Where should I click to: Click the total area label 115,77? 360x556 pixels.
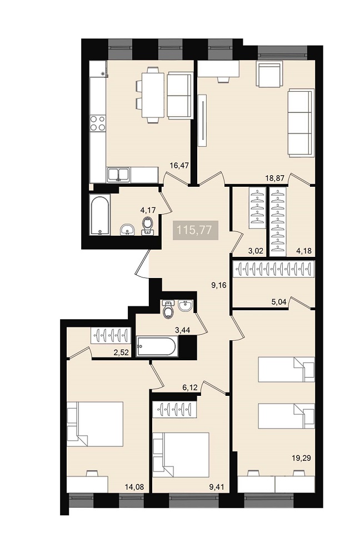[194, 230]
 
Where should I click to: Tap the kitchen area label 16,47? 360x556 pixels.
[179, 165]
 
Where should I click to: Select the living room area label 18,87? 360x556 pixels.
[275, 178]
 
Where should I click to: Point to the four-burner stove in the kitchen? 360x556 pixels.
[98, 123]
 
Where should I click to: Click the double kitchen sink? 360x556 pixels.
[118, 175]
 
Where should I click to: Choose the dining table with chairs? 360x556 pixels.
[150, 95]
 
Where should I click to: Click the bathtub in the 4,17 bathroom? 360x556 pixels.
[100, 215]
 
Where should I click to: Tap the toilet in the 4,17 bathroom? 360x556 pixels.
[147, 226]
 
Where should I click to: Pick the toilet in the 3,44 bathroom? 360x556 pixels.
[168, 309]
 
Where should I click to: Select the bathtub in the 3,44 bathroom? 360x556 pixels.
[156, 346]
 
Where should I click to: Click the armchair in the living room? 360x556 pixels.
[269, 74]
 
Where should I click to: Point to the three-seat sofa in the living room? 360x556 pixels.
[301, 123]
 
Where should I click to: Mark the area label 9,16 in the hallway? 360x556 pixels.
[219, 285]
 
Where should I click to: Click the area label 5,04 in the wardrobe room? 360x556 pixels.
[279, 302]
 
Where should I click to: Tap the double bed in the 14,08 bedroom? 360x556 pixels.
[95, 424]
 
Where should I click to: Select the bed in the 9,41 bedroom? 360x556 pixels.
[181, 455]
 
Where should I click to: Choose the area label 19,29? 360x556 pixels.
[301, 458]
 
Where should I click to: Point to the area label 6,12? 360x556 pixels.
[189, 388]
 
